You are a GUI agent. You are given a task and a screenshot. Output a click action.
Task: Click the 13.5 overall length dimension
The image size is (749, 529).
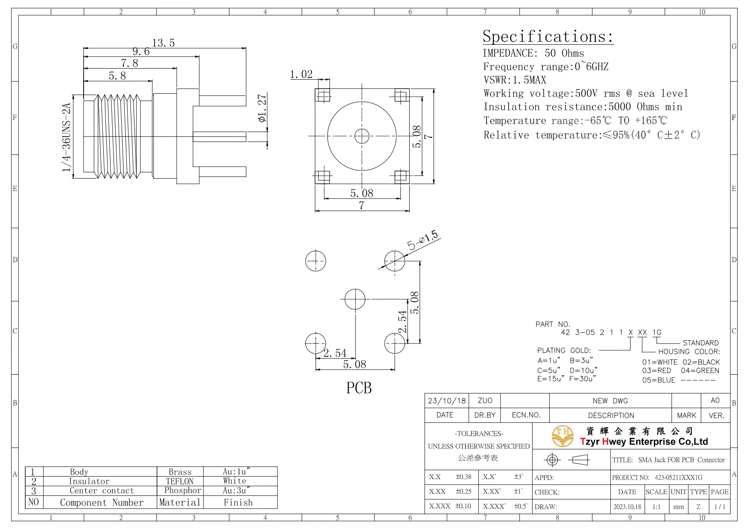[163, 43]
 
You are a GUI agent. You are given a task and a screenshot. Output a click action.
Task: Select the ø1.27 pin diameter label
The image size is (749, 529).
[262, 108]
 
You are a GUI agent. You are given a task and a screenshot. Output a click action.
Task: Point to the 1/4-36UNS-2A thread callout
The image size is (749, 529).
[66, 137]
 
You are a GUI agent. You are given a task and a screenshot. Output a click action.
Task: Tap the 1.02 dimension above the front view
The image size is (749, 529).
[301, 75]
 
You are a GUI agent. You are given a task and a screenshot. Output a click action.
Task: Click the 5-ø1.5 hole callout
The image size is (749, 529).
[422, 240]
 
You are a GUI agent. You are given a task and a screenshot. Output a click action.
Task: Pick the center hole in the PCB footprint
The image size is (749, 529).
[355, 299]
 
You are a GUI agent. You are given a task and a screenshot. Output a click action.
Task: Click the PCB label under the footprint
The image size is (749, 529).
[358, 388]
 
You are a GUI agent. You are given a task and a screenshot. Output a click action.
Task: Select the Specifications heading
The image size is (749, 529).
[548, 37]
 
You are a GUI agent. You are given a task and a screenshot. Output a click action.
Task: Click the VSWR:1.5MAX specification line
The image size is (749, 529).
[514, 80]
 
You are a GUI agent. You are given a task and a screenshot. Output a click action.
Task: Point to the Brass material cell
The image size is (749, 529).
[180, 472]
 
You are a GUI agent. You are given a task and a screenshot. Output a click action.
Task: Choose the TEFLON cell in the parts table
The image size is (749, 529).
[180, 481]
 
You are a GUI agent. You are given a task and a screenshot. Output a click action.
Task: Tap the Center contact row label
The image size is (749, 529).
[102, 491]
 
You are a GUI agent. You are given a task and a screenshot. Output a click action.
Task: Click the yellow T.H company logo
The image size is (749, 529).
[562, 436]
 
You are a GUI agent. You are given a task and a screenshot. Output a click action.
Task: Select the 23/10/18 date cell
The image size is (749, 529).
[446, 401]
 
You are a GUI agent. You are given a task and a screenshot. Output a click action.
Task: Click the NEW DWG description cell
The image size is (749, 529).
[610, 401]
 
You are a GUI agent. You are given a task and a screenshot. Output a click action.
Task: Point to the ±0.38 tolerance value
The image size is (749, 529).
[463, 477]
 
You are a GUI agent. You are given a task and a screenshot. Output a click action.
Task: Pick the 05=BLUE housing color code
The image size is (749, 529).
[659, 380]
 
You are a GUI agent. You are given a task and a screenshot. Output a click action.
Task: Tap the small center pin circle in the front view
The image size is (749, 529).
[362, 136]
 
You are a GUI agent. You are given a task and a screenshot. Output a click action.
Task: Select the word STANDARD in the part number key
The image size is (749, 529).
[700, 343]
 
